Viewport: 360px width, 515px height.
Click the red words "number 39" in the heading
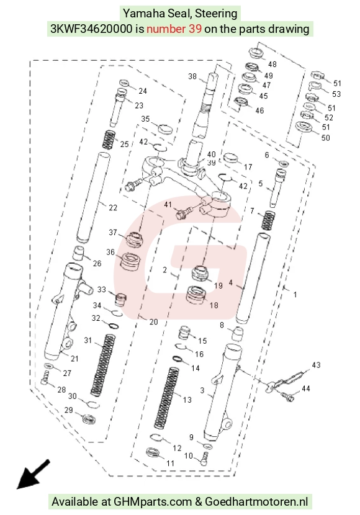tap(174, 29)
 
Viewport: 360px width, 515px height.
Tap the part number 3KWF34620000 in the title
tap(91, 29)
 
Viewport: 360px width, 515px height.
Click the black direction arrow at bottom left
tap(33, 474)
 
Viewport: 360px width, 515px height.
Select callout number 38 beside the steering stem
tap(192, 76)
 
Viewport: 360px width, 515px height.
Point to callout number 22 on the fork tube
tap(113, 208)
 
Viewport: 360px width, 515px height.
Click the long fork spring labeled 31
tap(103, 365)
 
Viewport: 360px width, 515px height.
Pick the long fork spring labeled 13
tap(166, 398)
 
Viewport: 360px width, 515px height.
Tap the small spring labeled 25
tap(109, 140)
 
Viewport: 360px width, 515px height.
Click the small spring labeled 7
tap(268, 220)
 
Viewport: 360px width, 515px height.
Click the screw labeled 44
tap(287, 396)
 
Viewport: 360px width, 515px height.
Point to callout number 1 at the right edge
tap(295, 295)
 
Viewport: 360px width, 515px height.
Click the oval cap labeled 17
tap(230, 158)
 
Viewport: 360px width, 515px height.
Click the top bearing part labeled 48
tap(256, 53)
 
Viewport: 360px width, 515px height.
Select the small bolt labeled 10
tap(205, 459)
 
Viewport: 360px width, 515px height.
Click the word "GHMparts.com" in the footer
tap(153, 502)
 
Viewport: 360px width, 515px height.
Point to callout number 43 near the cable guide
tap(316, 365)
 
